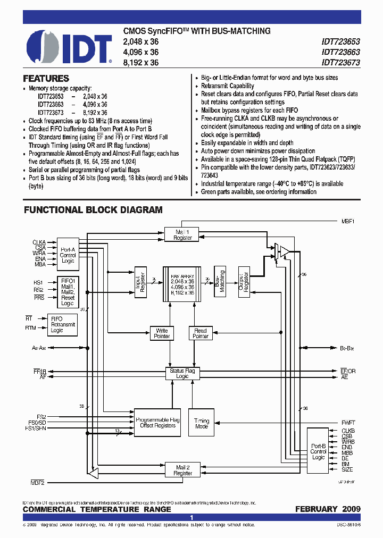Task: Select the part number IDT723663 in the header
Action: click(340, 52)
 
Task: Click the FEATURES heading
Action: click(46, 78)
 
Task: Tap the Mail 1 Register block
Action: click(182, 234)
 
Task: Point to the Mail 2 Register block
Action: click(183, 470)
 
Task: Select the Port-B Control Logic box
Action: click(318, 451)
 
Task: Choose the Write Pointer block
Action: click(162, 333)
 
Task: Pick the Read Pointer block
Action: click(201, 333)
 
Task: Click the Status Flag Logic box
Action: click(182, 373)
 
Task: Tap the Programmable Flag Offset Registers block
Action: click(157, 423)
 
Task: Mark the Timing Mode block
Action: click(202, 424)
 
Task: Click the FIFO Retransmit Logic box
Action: click(63, 324)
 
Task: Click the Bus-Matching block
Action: click(220, 281)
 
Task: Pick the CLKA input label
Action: click(39, 242)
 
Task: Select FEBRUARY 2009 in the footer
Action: click(328, 509)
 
